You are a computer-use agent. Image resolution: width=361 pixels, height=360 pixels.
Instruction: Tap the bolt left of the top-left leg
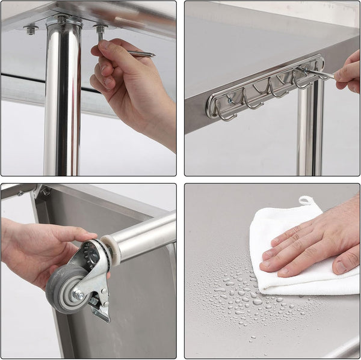pyautogui.click(x=30, y=28)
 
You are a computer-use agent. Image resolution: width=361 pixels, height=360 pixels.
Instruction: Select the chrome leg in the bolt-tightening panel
pyautogui.click(x=62, y=102)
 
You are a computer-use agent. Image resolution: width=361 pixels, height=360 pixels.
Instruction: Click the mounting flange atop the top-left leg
pyautogui.click(x=63, y=22)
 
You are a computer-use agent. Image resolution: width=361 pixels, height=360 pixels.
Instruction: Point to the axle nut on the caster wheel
pyautogui.click(x=78, y=294)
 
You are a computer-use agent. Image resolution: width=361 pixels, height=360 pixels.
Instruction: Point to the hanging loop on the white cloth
pyautogui.click(x=307, y=201)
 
